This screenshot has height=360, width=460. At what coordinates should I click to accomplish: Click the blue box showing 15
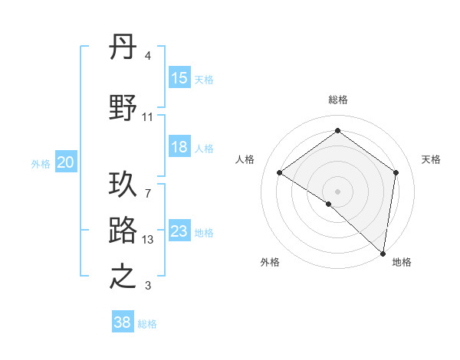(179, 78)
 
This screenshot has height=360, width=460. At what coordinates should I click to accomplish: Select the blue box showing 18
(179, 147)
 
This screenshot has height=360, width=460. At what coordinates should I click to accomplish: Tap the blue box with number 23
(179, 231)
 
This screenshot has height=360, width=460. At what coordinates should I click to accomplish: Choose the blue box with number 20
(66, 162)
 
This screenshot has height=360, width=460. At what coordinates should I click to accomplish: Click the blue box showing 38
(123, 322)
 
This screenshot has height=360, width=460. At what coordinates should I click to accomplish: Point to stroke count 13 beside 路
(149, 240)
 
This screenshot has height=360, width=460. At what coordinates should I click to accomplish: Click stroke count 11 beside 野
(148, 117)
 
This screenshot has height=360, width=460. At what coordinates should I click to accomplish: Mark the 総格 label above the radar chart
(337, 100)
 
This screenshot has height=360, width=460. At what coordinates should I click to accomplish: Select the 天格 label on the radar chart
(431, 159)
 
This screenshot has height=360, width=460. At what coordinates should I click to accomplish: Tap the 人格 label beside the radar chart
(245, 159)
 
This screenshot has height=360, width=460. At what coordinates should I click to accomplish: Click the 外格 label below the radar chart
(269, 262)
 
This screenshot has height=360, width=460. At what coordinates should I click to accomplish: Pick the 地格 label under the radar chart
(402, 262)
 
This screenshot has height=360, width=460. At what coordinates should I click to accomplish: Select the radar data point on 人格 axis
(280, 172)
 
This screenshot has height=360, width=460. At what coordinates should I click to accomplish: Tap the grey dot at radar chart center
(337, 191)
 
